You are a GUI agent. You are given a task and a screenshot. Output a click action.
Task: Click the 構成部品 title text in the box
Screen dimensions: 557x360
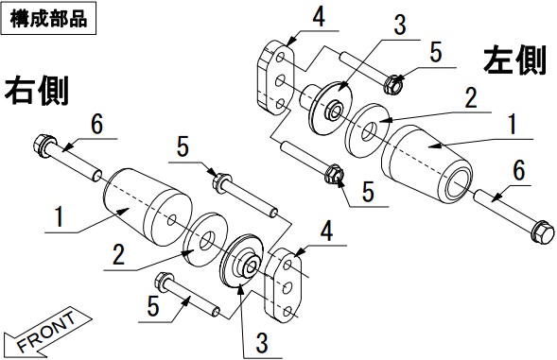(48, 19)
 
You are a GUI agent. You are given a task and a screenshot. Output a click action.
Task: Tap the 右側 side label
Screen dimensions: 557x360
(36, 92)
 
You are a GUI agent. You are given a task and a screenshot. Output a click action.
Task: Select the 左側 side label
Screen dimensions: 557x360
(514, 60)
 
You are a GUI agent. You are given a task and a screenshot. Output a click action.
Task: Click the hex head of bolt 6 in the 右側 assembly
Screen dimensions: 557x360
(44, 145)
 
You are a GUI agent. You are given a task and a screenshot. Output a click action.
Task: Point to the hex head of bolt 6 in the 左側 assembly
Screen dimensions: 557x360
(543, 231)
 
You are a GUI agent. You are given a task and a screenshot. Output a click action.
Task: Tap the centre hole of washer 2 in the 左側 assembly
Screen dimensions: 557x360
(370, 131)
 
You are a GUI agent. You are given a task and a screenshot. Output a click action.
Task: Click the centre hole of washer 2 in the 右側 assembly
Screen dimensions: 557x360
(207, 240)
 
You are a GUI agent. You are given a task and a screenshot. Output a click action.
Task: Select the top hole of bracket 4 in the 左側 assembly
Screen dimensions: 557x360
(280, 58)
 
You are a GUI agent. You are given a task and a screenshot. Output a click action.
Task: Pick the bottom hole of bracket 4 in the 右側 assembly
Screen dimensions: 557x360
(288, 312)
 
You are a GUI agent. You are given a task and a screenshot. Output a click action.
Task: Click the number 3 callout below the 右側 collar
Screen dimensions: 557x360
(262, 343)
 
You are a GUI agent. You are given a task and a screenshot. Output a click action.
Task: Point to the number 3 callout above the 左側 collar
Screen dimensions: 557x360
(400, 26)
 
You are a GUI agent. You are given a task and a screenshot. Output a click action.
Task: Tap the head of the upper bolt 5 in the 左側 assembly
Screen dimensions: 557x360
(393, 84)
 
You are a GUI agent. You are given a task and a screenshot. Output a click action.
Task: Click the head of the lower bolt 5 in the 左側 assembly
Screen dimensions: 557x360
(334, 174)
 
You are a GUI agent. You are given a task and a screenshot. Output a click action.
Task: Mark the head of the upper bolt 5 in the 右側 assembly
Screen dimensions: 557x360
(222, 182)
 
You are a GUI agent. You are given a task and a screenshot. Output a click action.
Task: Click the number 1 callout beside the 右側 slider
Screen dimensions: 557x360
(60, 216)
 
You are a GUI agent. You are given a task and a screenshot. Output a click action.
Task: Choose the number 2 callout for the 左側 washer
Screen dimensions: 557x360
(471, 97)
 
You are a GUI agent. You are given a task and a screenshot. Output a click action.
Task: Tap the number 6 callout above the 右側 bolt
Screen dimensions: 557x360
(97, 125)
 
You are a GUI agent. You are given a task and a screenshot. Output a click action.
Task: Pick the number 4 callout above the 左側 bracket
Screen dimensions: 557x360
(319, 16)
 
